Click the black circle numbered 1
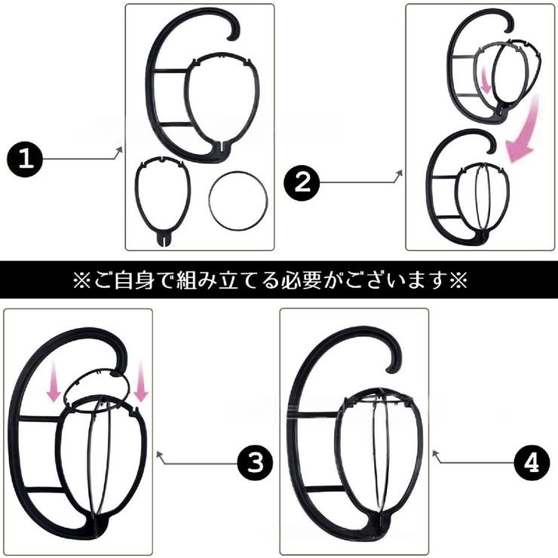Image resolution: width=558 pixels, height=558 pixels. point(27,161)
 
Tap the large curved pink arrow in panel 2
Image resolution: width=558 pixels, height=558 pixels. point(523,128)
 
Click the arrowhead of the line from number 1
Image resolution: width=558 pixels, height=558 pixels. point(118,152)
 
